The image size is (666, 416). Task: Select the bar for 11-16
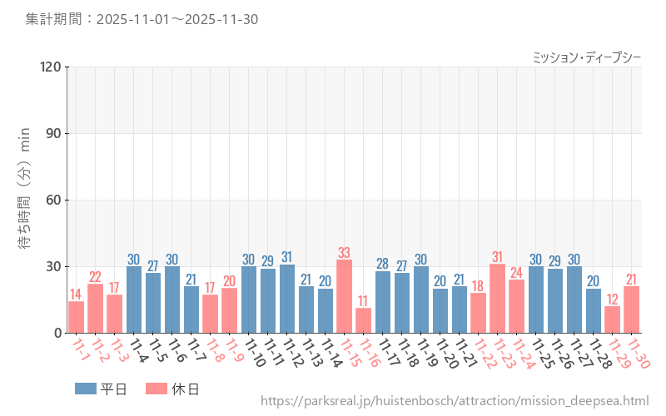point(363,320)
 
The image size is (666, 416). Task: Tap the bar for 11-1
point(76,317)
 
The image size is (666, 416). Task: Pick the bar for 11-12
point(286,299)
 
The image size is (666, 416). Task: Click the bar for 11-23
point(497,299)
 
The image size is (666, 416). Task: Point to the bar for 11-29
point(612,319)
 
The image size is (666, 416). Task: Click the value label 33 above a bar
point(344,253)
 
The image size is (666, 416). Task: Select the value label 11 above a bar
point(363,301)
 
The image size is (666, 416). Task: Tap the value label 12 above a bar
point(612,300)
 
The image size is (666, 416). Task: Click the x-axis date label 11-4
point(135,351)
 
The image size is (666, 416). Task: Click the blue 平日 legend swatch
point(86,389)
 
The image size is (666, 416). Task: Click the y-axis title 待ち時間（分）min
point(24,200)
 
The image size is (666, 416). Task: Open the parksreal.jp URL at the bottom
point(455,402)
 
